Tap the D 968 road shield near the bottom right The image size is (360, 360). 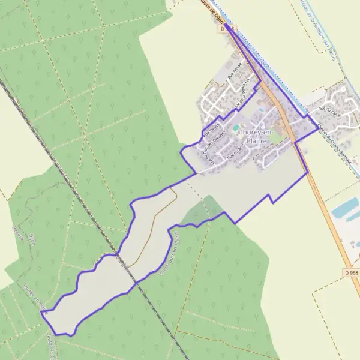pyautogui.click(x=352, y=273)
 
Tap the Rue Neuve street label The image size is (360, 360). pyautogui.click(x=235, y=74)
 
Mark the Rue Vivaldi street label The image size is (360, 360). pyautogui.click(x=211, y=127)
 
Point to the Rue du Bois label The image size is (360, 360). pyautogui.click(x=236, y=151)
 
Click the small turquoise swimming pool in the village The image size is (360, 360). pyautogui.click(x=235, y=128)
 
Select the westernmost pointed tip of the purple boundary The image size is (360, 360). pyautogui.click(x=41, y=311)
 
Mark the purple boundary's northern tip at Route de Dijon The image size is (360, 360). pyautogui.click(x=227, y=25)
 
